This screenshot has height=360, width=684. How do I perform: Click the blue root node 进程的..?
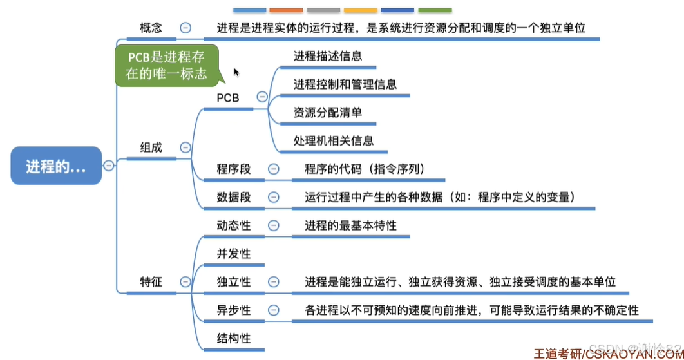pyautogui.click(x=56, y=166)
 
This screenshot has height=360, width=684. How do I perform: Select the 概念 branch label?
pyautogui.click(x=151, y=28)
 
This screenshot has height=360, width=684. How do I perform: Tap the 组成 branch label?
pyautogui.click(x=151, y=147)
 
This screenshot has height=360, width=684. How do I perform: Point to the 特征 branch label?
pyautogui.click(x=151, y=281)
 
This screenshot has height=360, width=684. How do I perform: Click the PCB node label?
pyautogui.click(x=228, y=98)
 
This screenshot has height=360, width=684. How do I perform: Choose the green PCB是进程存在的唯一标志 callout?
pyautogui.click(x=166, y=65)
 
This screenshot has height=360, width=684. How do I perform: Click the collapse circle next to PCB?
pyautogui.click(x=261, y=97)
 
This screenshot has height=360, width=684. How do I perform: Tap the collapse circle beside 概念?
pyautogui.click(x=185, y=28)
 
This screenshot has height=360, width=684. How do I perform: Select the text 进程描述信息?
pyautogui.click(x=327, y=56)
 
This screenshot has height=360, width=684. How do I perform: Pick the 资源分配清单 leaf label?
pyautogui.click(x=327, y=112)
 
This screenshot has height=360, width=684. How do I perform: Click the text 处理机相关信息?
pyautogui.click(x=333, y=140)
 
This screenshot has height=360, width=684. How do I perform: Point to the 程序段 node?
pyautogui.click(x=233, y=169)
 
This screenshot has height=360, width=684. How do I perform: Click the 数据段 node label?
pyautogui.click(x=233, y=197)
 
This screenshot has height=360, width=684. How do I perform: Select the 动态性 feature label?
pyautogui.click(x=233, y=225)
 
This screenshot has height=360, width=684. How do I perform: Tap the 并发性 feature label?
pyautogui.click(x=233, y=254)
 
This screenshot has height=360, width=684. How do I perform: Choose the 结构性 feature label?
pyautogui.click(x=233, y=338)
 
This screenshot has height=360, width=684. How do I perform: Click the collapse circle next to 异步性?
pyautogui.click(x=273, y=310)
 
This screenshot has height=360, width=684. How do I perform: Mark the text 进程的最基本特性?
pyautogui.click(x=350, y=225)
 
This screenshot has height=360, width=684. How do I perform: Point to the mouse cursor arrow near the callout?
pyautogui.click(x=236, y=72)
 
